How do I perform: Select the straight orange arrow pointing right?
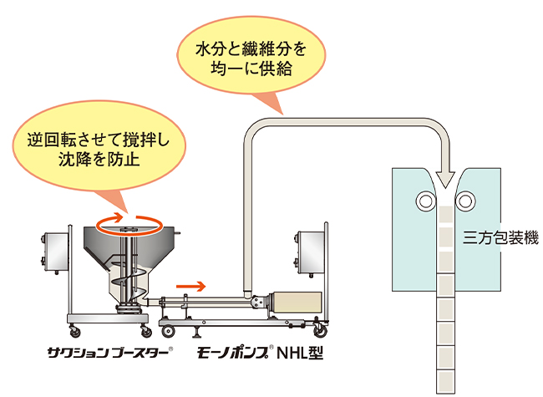190,286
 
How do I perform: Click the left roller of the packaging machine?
426,201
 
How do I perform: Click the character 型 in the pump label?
313,352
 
